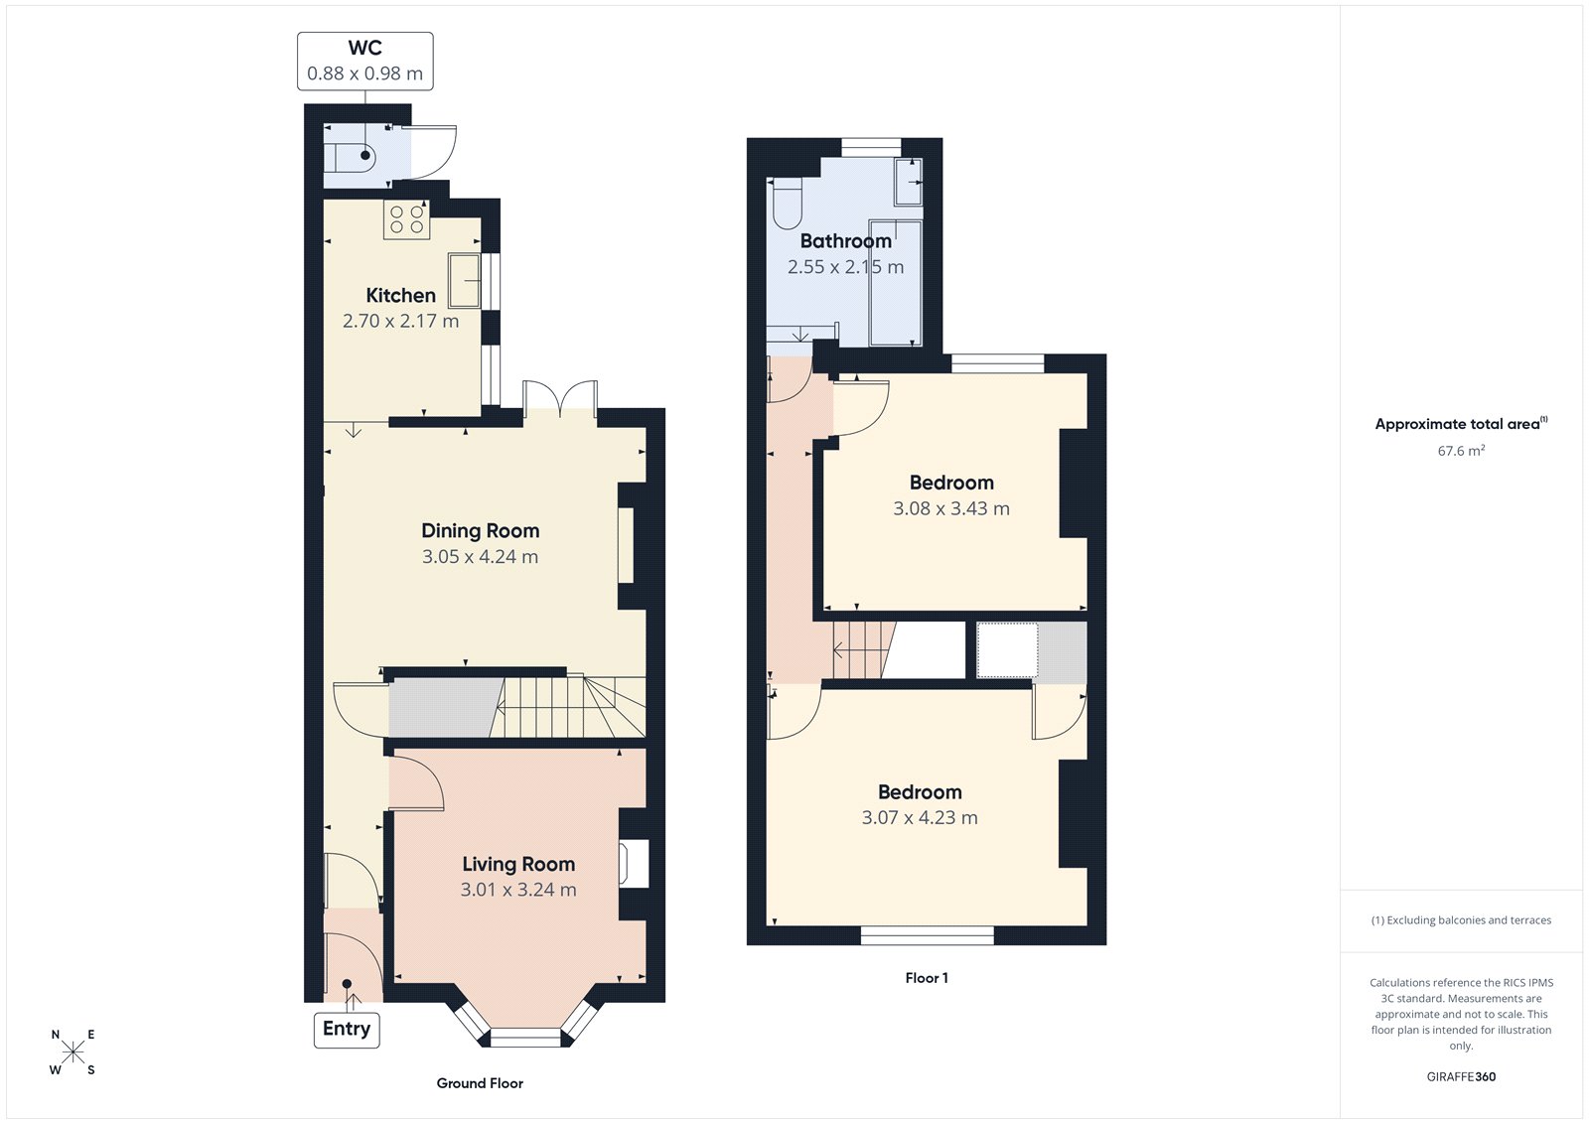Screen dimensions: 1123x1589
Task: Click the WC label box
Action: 364,61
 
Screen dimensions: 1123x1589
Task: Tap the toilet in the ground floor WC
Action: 353,156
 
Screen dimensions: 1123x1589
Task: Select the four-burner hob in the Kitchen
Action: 406,219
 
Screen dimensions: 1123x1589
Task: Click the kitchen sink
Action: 464,280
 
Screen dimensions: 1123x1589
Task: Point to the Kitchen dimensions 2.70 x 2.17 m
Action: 400,322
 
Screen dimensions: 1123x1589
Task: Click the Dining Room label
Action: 480,531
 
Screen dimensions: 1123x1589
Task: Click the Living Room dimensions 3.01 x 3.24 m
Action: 517,891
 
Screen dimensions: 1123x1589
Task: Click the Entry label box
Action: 346,1030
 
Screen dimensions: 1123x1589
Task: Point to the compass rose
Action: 72,1053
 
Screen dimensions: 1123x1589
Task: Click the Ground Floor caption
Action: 480,1083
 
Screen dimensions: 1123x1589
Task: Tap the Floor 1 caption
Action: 926,978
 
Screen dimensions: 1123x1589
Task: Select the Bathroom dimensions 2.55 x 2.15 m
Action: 845,267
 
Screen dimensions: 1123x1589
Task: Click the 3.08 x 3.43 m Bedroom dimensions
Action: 950,509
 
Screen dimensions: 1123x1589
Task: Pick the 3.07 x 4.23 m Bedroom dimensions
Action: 919,818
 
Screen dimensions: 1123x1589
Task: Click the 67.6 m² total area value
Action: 1460,451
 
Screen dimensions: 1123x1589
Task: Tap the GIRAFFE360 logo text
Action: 1460,1077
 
